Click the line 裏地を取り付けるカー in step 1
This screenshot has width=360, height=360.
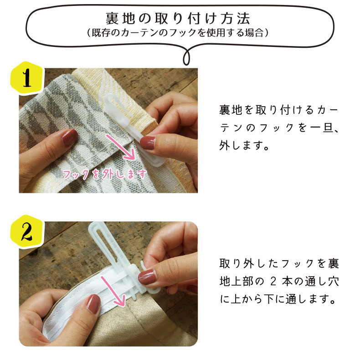click(x=278, y=111)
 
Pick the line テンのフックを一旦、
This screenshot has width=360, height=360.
click(x=278, y=129)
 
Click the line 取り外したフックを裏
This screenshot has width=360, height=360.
click(x=278, y=264)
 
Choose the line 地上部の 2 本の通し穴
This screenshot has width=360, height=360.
click(x=278, y=282)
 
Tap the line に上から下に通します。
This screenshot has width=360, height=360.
click(x=278, y=300)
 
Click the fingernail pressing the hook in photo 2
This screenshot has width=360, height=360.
click(x=147, y=276)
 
